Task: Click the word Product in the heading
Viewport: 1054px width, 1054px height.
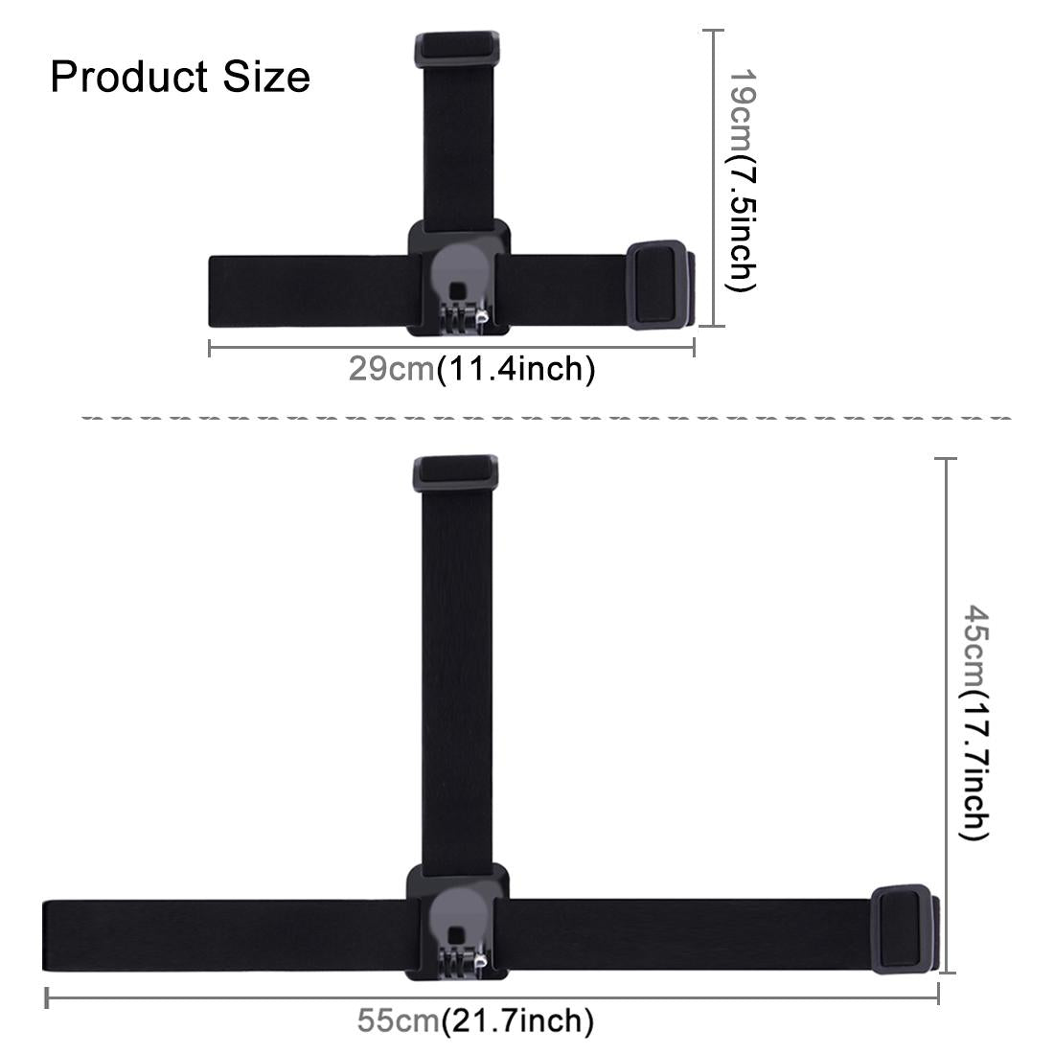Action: click(x=129, y=77)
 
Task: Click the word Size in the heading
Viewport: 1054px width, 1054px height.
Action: click(x=267, y=77)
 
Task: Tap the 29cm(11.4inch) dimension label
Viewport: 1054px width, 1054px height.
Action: click(x=470, y=368)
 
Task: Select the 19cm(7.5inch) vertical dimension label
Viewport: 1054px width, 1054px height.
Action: click(x=743, y=178)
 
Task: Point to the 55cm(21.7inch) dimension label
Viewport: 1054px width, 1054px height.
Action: click(x=475, y=1021)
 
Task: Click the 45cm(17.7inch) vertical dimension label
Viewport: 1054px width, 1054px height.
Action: click(x=975, y=722)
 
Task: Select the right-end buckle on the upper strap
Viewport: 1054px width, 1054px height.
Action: click(x=657, y=286)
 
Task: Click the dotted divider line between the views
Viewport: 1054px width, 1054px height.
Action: click(x=546, y=419)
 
